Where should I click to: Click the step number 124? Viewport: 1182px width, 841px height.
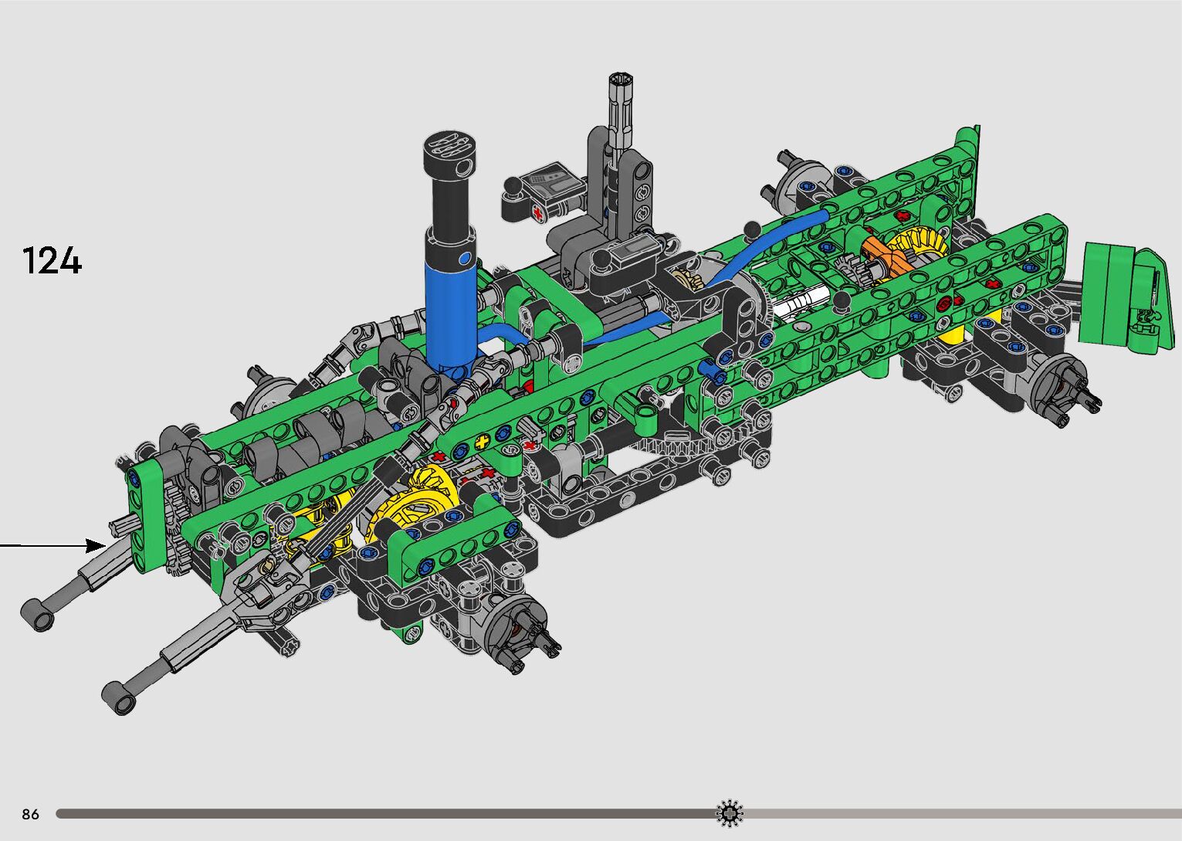52,260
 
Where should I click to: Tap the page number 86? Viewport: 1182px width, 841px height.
31,813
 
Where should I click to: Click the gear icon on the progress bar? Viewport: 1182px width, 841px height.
730,813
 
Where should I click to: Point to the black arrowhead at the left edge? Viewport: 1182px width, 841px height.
96,545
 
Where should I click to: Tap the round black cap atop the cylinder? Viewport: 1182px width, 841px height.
449,151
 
